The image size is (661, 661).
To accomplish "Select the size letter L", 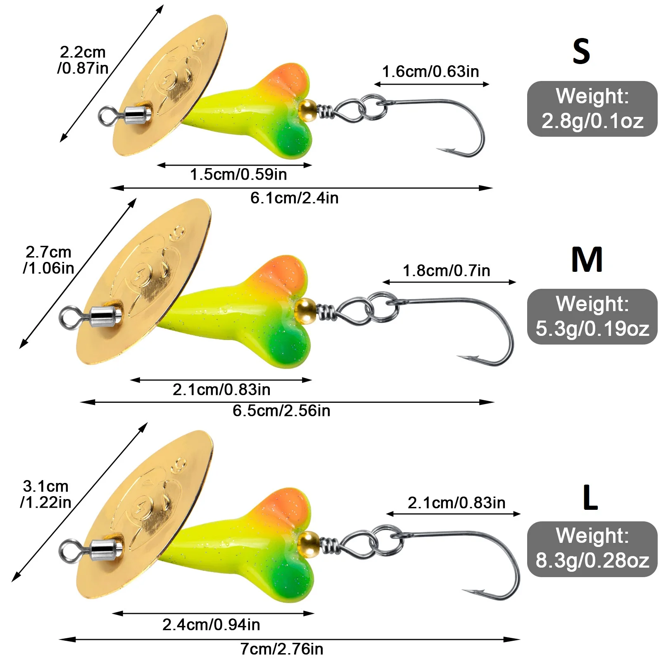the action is [x=590, y=498].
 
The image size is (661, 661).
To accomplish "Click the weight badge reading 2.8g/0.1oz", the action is [x=592, y=109].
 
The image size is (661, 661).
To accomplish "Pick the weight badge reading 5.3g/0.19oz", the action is [x=592, y=316].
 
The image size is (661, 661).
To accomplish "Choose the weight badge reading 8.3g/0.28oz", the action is [x=592, y=549].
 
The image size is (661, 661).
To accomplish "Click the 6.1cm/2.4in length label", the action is [x=294, y=198].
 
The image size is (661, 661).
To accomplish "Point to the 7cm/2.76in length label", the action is [x=282, y=649].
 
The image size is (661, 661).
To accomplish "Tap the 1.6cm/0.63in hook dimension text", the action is [x=430, y=71].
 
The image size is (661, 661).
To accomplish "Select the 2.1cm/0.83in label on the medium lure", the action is [x=221, y=390].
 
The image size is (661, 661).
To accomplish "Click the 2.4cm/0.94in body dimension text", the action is [x=211, y=625].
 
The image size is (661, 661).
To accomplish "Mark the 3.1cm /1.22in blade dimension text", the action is [x=45, y=494].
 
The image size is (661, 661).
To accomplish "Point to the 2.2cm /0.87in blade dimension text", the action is [x=83, y=60].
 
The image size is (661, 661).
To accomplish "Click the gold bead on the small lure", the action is [x=307, y=110].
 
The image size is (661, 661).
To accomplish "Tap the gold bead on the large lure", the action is [x=308, y=544].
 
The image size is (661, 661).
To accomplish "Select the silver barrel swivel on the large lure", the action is [x=107, y=549].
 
